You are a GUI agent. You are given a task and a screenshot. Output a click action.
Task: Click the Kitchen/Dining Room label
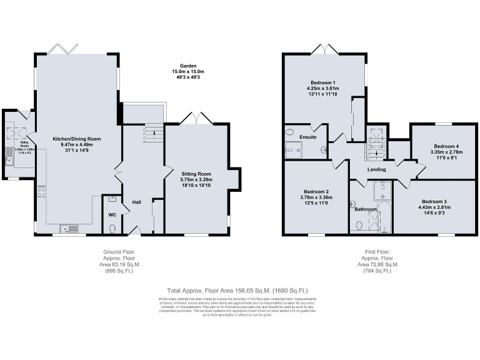click(77, 139)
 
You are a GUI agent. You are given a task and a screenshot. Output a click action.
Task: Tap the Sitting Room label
click(196, 174)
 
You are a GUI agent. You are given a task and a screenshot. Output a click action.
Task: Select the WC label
click(112, 215)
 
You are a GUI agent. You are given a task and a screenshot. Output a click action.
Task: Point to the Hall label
click(136, 202)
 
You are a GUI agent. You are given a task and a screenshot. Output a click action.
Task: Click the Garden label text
click(189, 65)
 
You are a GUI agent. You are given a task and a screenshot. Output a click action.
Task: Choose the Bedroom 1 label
click(324, 82)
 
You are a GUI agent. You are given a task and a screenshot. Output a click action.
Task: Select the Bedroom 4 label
click(447, 145)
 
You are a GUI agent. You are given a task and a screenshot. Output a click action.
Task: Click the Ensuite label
click(308, 137)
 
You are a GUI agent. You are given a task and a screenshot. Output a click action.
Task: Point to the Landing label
click(376, 169)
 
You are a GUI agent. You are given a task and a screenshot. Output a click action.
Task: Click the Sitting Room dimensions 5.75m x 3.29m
click(196, 180)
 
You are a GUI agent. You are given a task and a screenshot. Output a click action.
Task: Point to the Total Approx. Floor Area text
click(237, 290)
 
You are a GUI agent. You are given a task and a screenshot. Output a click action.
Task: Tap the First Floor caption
click(377, 252)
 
